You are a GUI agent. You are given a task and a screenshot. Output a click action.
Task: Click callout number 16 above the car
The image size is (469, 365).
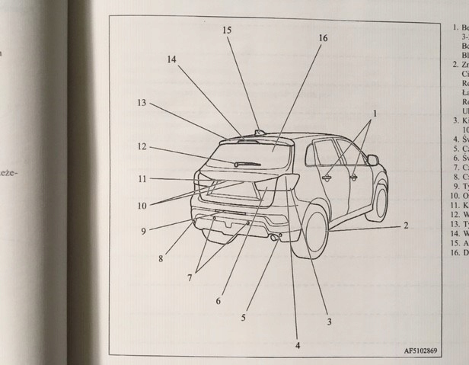click(323, 38)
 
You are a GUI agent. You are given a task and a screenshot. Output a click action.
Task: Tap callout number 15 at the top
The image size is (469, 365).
click(227, 30)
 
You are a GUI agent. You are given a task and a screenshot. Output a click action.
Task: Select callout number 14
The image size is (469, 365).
click(171, 59)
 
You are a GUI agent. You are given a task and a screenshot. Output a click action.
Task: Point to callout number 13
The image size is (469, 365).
click(142, 102)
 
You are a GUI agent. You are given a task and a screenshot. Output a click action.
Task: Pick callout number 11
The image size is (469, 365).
click(142, 179)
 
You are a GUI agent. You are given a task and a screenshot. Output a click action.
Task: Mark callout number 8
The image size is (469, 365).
click(161, 258)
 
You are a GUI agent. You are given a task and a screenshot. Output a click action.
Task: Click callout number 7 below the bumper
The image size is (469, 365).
click(191, 279)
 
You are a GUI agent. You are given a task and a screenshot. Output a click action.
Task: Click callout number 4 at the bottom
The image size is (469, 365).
click(298, 345)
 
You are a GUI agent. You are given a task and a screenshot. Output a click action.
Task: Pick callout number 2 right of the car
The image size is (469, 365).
click(406, 226)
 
